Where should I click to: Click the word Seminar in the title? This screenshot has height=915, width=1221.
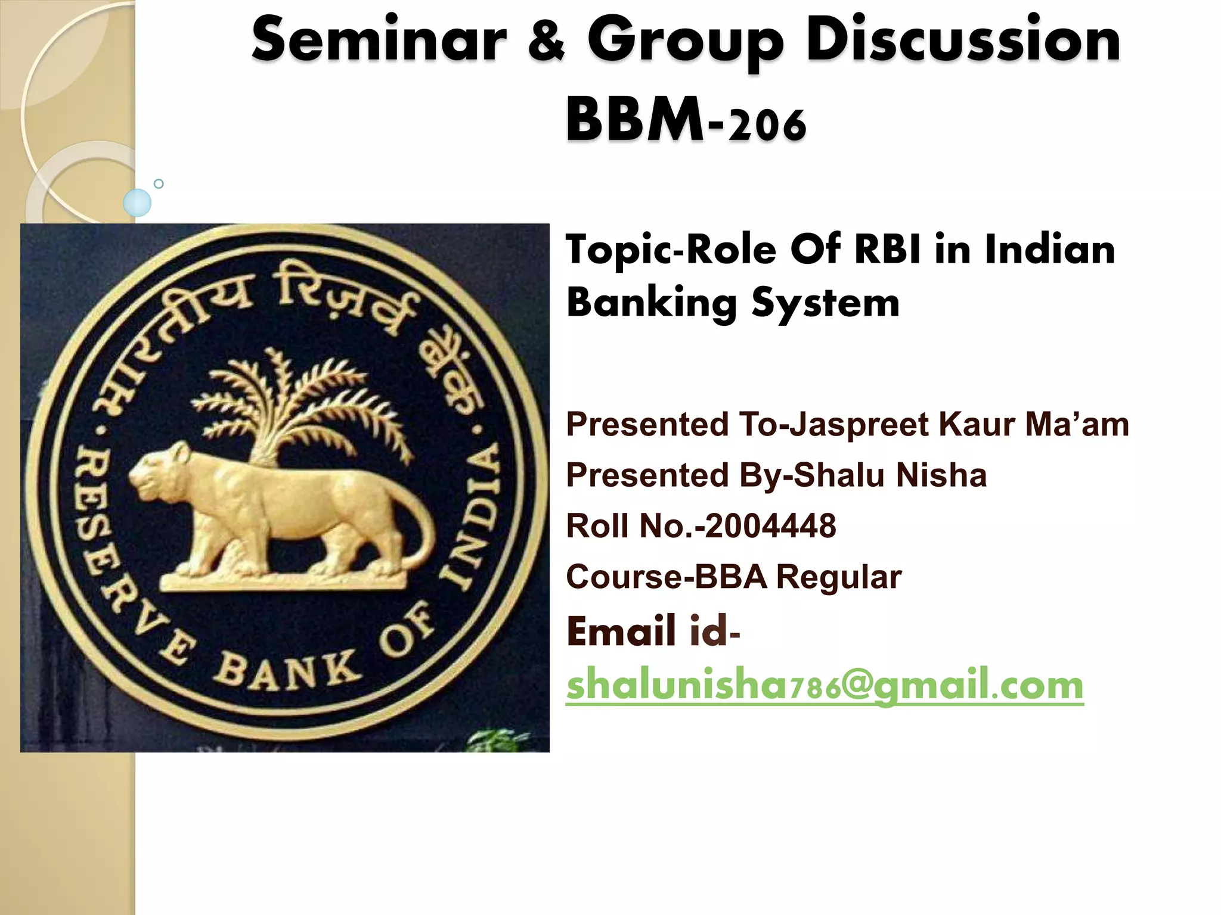click(379, 41)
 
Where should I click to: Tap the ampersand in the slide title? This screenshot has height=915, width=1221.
click(546, 41)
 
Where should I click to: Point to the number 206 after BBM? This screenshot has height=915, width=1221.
click(767, 124)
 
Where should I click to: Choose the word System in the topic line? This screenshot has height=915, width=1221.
click(825, 303)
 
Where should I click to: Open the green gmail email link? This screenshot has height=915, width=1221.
click(824, 685)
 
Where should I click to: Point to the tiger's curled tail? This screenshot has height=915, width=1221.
click(417, 530)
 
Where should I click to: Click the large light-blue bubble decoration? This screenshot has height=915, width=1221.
click(137, 203)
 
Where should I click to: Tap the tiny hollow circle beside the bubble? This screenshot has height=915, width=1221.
click(159, 183)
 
